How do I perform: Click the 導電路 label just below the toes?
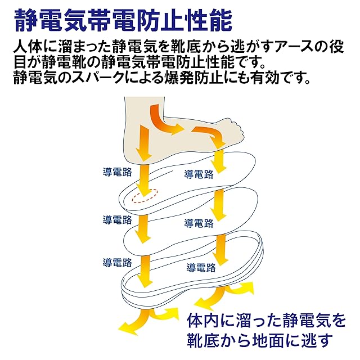(199, 174)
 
